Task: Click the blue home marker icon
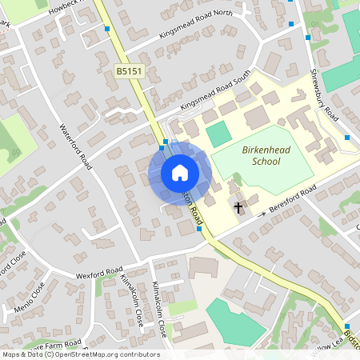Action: pyautogui.click(x=179, y=172)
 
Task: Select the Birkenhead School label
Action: pyautogui.click(x=262, y=155)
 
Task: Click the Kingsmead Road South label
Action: pyautogui.click(x=214, y=94)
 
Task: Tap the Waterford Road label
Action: pyautogui.click(x=77, y=146)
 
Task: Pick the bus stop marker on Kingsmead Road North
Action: pyautogui.click(x=107, y=29)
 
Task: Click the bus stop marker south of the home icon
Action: pyautogui.click(x=198, y=229)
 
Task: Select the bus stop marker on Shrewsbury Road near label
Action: pyautogui.click(x=346, y=138)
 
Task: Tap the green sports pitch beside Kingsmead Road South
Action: pyautogui.click(x=218, y=134)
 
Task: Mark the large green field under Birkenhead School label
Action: pyautogui.click(x=264, y=172)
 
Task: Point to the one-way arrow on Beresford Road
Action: pyautogui.click(x=263, y=214)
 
